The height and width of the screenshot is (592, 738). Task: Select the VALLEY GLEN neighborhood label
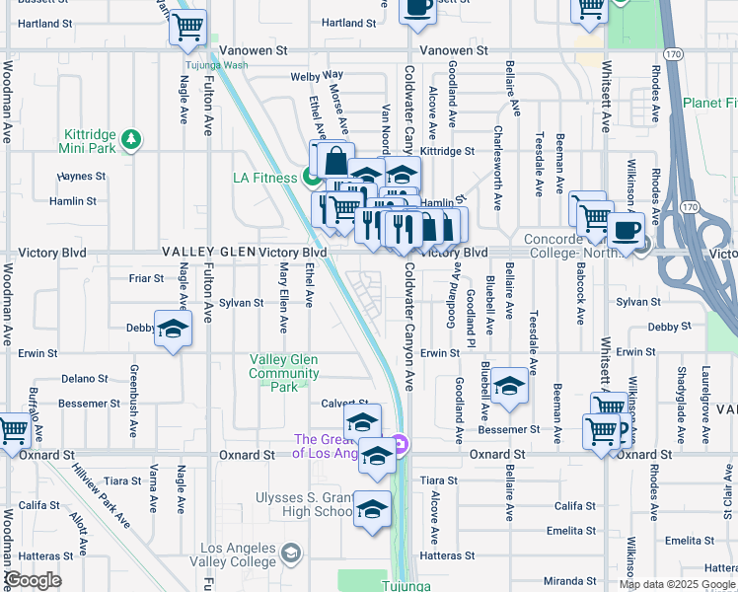click(x=209, y=254)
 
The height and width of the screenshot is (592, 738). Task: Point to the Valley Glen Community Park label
click(x=284, y=373)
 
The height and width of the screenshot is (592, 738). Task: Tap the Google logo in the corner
click(x=34, y=580)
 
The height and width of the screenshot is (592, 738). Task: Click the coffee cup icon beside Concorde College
click(x=626, y=231)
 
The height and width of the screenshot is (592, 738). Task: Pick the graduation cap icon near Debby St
click(x=173, y=330)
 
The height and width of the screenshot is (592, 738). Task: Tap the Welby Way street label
click(x=317, y=75)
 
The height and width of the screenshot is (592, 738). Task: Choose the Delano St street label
click(x=85, y=379)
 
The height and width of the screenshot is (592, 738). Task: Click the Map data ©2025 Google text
click(x=676, y=584)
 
